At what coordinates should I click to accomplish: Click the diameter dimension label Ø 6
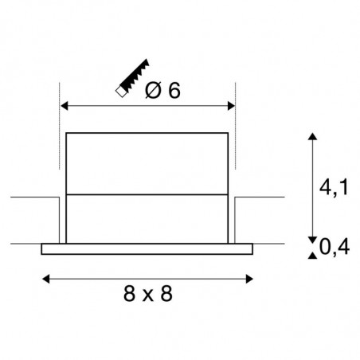pyautogui.click(x=164, y=91)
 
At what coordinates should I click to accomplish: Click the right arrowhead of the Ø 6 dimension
pyautogui.click(x=231, y=106)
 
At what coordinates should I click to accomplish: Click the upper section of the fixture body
pyautogui.click(x=147, y=162)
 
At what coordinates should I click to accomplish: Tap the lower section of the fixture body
pyautogui.click(x=147, y=218)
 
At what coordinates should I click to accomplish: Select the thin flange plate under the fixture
pyautogui.click(x=147, y=248)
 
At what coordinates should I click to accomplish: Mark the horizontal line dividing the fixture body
pyautogui.click(x=147, y=194)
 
